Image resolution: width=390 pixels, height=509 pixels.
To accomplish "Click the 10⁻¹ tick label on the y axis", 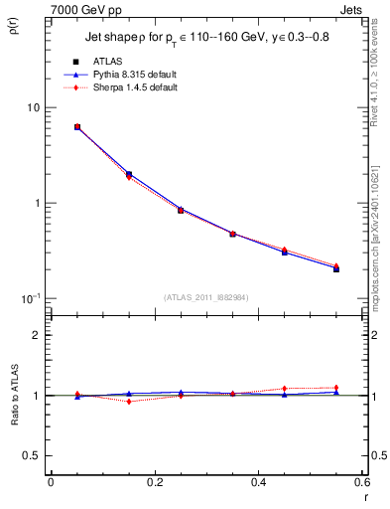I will [x=29, y=298].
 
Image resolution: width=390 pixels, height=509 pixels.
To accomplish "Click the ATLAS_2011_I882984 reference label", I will [x=205, y=297].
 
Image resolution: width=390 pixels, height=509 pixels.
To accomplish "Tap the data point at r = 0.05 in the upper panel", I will [x=77, y=127].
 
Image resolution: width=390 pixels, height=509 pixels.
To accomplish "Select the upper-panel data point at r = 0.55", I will [x=336, y=268].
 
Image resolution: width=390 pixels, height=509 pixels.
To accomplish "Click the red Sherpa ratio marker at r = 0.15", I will [x=129, y=402].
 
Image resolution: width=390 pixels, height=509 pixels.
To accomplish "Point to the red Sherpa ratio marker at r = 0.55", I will [x=336, y=388].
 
